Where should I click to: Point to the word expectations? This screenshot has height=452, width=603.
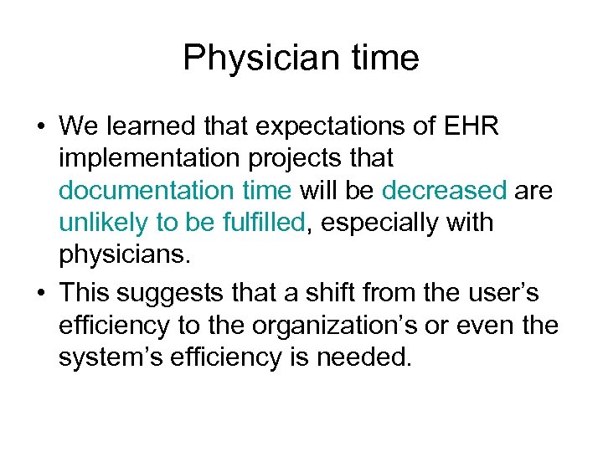pos(311,126)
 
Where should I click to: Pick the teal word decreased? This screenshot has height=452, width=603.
pos(445,191)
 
